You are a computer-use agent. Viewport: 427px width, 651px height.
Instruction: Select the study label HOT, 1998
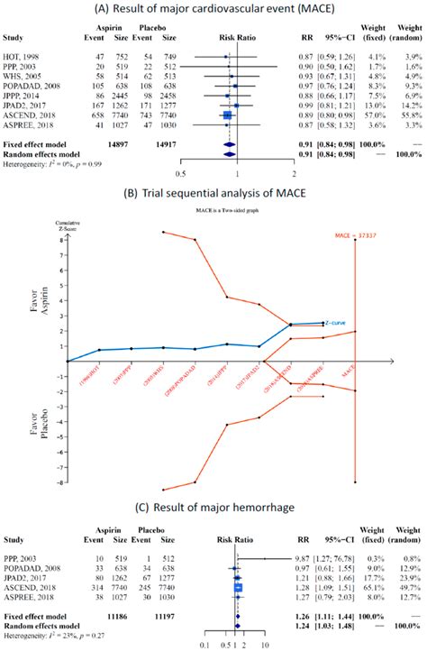coord(24,57)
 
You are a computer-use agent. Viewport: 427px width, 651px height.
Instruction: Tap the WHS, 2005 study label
coord(25,77)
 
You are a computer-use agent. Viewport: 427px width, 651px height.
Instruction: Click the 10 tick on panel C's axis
coord(266,645)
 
